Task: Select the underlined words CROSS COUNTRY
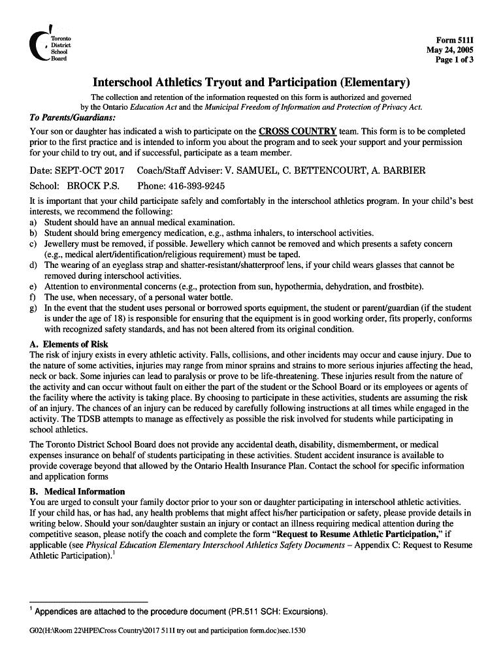coord(297,131)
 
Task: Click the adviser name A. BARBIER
coord(398,171)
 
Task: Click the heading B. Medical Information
coord(77,491)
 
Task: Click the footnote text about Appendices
coord(181,612)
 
